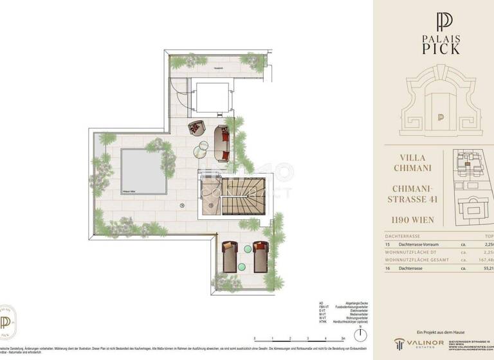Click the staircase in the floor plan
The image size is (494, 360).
tap(242, 196)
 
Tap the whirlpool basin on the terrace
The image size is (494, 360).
tap(140, 171)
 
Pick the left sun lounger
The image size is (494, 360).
tap(230, 256)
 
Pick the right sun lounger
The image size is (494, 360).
tap(259, 256)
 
